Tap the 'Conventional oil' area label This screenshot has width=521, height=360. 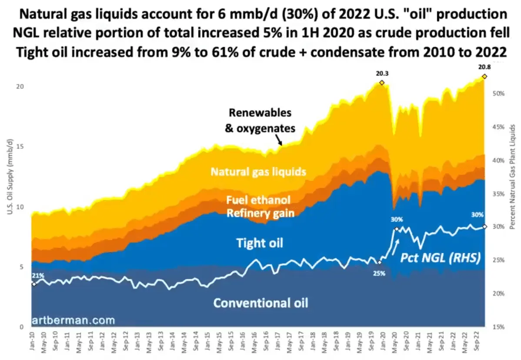tap(260, 303)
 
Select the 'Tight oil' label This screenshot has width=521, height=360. tap(260, 243)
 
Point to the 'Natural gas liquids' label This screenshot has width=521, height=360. tap(258, 171)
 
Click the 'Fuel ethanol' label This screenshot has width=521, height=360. tap(258, 200)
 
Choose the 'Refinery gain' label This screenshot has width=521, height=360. tap(260, 213)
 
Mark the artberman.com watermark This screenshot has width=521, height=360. tap(73, 320)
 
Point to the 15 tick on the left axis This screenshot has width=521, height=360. tap(19, 147)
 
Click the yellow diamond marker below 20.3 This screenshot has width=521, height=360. tap(381, 83)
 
